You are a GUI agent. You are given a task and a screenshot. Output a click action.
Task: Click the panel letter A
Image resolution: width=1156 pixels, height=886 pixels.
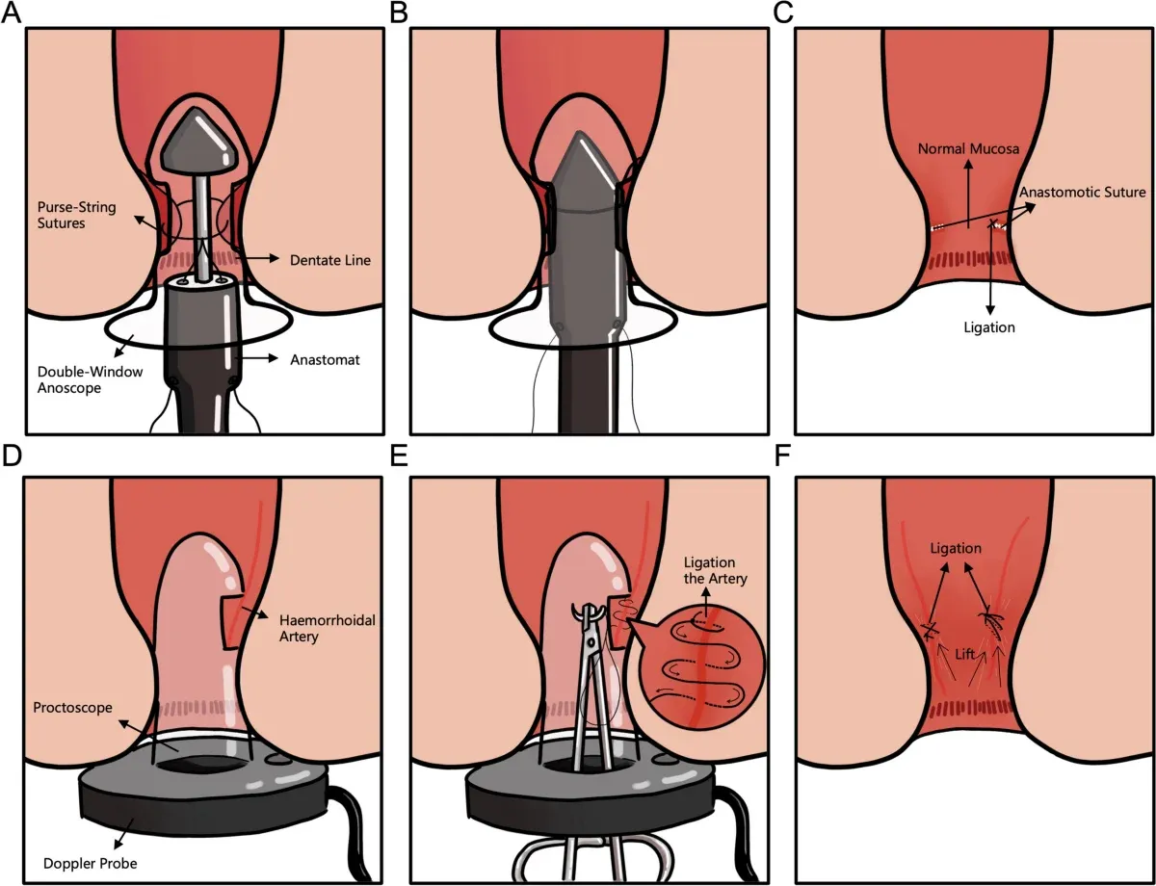11,13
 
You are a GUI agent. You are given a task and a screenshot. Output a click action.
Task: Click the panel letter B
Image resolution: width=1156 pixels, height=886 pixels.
396,13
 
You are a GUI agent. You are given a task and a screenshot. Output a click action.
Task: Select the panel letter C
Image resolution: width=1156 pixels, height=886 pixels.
782,13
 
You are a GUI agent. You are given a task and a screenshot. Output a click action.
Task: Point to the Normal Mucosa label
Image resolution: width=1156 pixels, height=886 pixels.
968,149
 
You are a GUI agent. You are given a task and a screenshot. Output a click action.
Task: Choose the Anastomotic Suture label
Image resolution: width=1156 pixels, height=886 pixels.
1083,192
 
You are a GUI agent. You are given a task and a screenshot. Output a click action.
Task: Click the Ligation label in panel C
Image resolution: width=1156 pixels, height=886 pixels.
990,327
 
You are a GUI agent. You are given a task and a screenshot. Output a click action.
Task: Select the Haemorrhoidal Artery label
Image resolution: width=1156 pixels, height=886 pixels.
328,629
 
